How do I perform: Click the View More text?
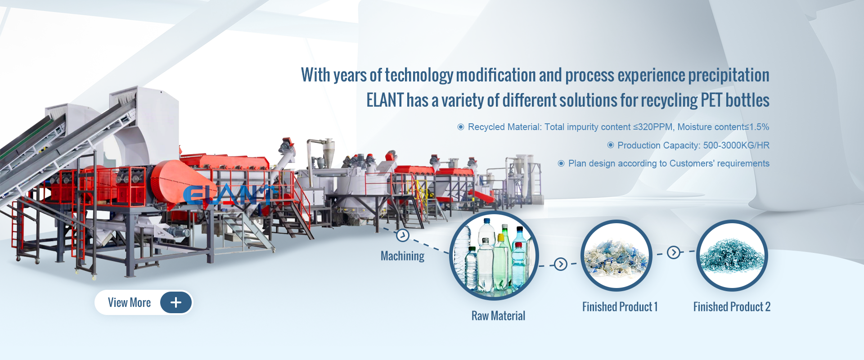(x=129, y=302)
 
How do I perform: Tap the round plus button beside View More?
(x=176, y=302)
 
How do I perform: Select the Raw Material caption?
(x=498, y=316)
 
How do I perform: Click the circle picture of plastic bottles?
(x=494, y=256)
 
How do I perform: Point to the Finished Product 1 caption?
(x=620, y=307)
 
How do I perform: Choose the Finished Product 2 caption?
(x=732, y=307)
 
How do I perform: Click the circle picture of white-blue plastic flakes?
(x=616, y=256)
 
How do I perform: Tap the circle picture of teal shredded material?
(x=732, y=256)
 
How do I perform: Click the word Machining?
(x=402, y=256)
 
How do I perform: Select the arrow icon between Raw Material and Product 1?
(x=560, y=264)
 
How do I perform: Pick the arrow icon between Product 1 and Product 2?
(x=674, y=252)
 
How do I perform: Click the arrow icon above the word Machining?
(x=402, y=235)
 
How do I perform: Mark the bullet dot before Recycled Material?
(x=461, y=127)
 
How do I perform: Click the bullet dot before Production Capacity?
(x=611, y=145)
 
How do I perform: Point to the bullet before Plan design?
(x=561, y=163)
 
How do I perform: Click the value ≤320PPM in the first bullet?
(x=652, y=127)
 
